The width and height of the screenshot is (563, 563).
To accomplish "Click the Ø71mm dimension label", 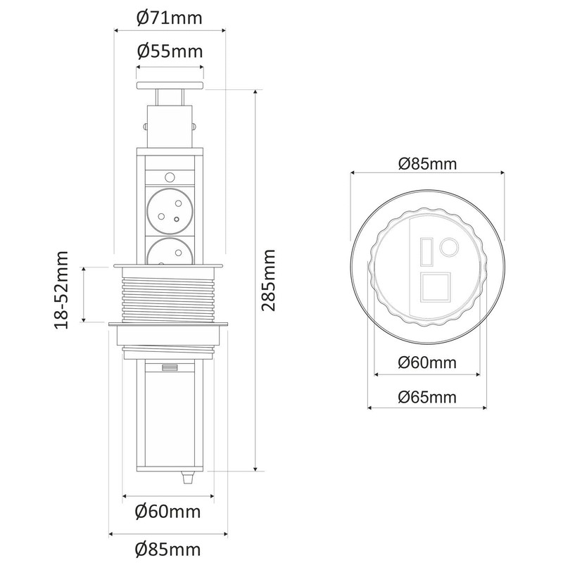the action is [x=170, y=18].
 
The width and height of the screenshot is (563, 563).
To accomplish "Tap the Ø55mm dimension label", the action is [x=170, y=51].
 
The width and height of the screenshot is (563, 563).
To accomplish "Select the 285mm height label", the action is [x=268, y=280].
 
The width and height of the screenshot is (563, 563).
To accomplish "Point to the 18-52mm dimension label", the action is [x=61, y=291].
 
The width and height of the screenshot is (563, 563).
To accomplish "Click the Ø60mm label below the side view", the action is [x=167, y=512].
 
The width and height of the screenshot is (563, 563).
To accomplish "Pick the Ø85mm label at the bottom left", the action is [x=167, y=550].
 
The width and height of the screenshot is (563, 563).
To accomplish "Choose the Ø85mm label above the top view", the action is [x=427, y=164].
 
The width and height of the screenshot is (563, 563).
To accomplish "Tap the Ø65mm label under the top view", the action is [x=427, y=397].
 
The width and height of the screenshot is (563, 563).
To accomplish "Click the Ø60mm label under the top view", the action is [x=427, y=362].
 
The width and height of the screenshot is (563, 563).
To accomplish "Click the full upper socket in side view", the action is [x=170, y=210].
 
